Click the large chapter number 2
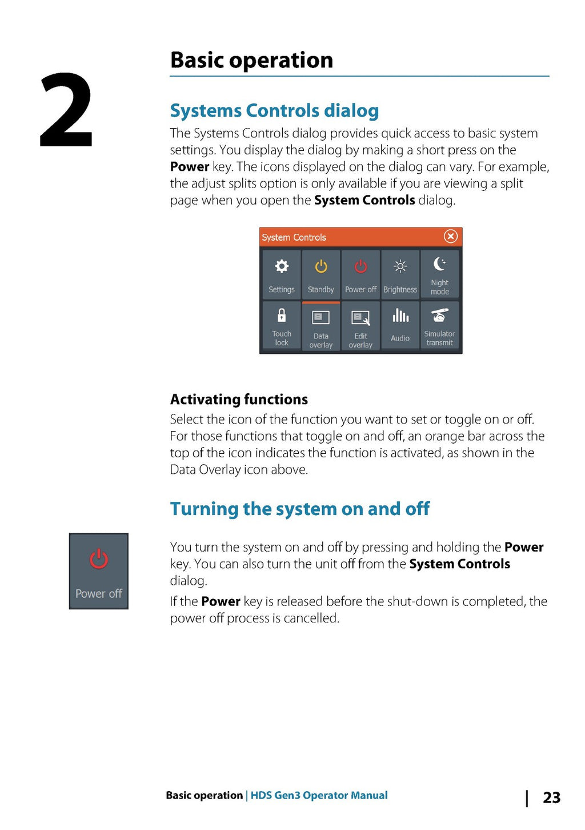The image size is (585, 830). (66, 110)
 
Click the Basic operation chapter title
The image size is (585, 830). (251, 60)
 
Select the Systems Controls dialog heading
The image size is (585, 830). (274, 110)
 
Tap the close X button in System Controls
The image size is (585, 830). (451, 236)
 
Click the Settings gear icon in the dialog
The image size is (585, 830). (282, 266)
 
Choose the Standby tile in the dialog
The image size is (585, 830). (321, 275)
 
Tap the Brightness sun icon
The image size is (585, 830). (400, 266)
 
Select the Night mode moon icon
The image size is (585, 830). (439, 264)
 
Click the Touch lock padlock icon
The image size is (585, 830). (282, 315)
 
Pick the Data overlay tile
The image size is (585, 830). (321, 326)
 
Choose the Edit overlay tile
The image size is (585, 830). (360, 326)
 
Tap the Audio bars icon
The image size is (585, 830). (400, 316)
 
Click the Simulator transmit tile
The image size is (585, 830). (439, 325)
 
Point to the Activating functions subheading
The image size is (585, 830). (239, 399)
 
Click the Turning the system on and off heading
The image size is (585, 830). (299, 509)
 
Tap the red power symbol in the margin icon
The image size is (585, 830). (99, 559)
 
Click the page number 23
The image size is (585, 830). (551, 797)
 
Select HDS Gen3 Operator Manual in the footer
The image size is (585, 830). (319, 795)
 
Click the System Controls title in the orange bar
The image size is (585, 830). (294, 237)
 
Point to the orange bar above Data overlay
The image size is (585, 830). (321, 302)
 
